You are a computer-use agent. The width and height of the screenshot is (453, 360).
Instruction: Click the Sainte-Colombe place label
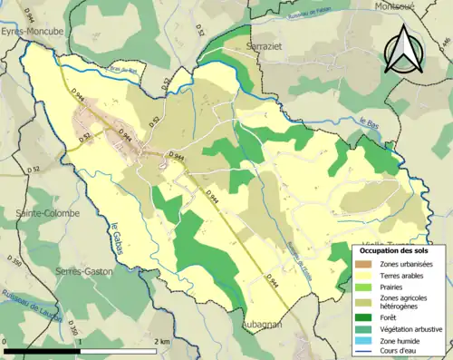tap(46, 213)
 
